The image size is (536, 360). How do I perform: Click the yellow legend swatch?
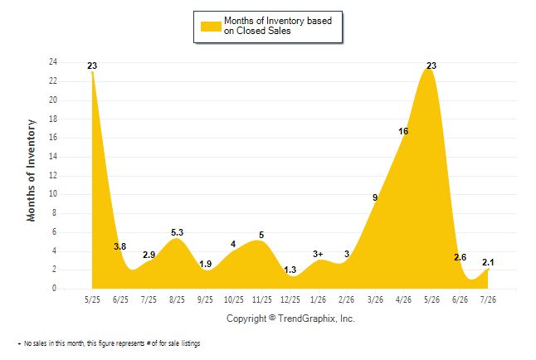(211, 27)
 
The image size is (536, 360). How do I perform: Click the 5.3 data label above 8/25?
(177, 232)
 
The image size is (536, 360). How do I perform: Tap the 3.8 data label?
(120, 246)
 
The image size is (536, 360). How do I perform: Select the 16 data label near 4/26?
(403, 131)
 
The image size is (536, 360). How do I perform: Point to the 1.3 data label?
(290, 270)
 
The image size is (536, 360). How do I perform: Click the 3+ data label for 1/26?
(318, 254)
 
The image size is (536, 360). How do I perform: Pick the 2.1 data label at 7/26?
(488, 262)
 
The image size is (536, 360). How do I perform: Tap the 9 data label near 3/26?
(375, 197)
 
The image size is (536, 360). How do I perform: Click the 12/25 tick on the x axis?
(290, 299)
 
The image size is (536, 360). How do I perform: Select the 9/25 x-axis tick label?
(205, 299)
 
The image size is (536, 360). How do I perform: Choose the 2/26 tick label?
(346, 299)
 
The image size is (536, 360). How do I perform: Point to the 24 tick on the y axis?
(53, 62)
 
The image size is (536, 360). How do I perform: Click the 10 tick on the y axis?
(53, 194)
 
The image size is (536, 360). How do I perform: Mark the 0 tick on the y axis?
(54, 288)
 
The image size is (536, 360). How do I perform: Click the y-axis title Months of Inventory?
(31, 171)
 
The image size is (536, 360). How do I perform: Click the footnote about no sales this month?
(109, 343)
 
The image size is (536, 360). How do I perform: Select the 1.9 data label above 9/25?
(205, 264)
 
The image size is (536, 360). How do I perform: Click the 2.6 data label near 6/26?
(460, 257)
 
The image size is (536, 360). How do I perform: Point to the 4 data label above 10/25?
(233, 244)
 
